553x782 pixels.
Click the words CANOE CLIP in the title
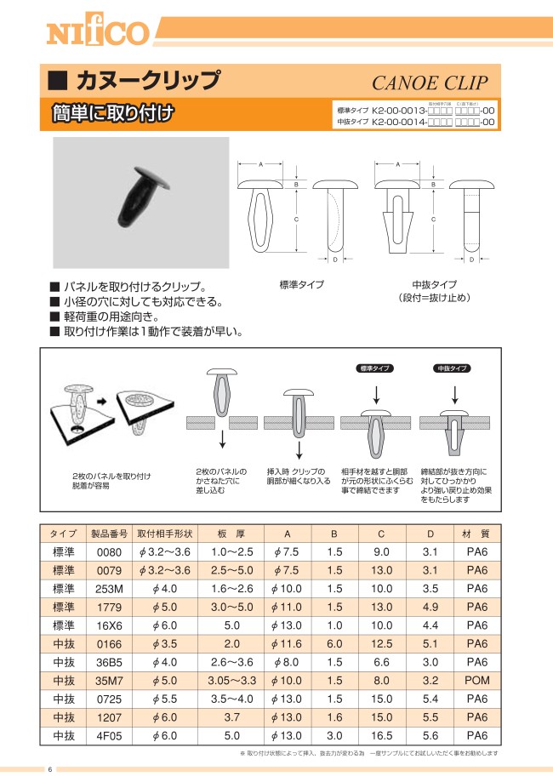pyautogui.click(x=430, y=83)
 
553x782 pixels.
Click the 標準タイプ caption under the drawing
pyautogui.click(x=301, y=284)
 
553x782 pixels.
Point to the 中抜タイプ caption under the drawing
pyautogui.click(x=434, y=284)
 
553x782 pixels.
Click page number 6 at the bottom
pyautogui.click(x=49, y=769)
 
